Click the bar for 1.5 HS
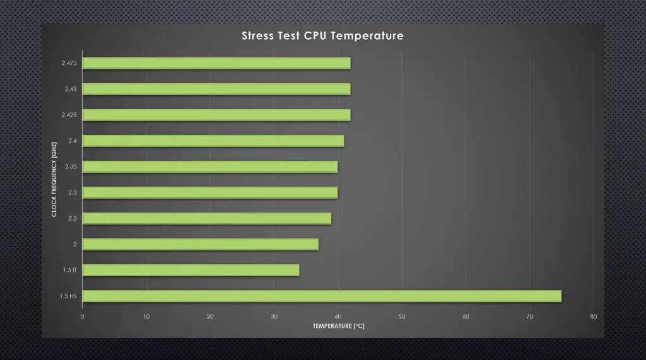322,296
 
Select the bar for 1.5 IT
191,270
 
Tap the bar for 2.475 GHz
216,63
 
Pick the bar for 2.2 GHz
207,218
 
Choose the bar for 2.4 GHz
213,141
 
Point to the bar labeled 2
201,244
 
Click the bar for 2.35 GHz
210,166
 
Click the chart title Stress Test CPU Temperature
322,36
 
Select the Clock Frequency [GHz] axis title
54,180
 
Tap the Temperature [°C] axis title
338,326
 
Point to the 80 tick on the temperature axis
593,316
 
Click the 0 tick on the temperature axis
83,316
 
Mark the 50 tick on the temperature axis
402,316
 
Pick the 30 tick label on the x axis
274,316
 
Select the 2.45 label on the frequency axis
70,89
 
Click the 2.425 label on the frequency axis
69,115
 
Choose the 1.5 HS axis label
69,296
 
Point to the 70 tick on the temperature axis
529,316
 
